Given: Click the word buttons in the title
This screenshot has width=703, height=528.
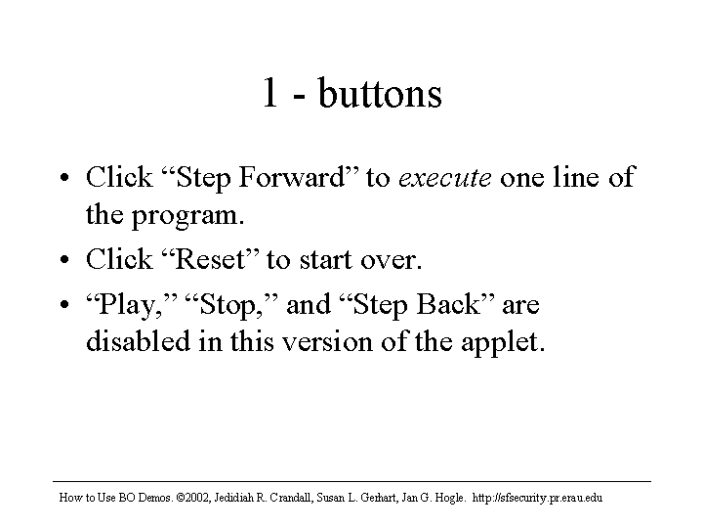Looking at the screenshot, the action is point(380,93).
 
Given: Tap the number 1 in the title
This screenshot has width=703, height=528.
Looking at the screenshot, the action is point(269,93).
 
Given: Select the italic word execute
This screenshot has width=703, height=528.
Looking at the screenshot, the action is point(445,178).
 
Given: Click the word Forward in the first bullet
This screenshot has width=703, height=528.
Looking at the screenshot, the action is point(292,177).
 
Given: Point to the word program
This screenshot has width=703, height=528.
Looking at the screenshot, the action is point(187,216).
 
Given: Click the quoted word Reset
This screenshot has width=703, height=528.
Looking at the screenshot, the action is point(210,259).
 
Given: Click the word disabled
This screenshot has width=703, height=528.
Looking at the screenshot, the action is point(138,341).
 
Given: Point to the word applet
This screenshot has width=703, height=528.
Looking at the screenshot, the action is point(502,342).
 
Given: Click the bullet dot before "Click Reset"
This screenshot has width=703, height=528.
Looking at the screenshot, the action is point(64,259).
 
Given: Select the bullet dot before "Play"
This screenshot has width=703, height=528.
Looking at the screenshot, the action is point(64,304).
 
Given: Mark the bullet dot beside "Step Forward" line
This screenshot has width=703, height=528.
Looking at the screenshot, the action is point(64,177).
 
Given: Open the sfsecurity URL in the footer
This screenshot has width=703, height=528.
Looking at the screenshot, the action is point(537,498).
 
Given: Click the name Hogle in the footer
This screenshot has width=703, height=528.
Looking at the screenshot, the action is point(450,498).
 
